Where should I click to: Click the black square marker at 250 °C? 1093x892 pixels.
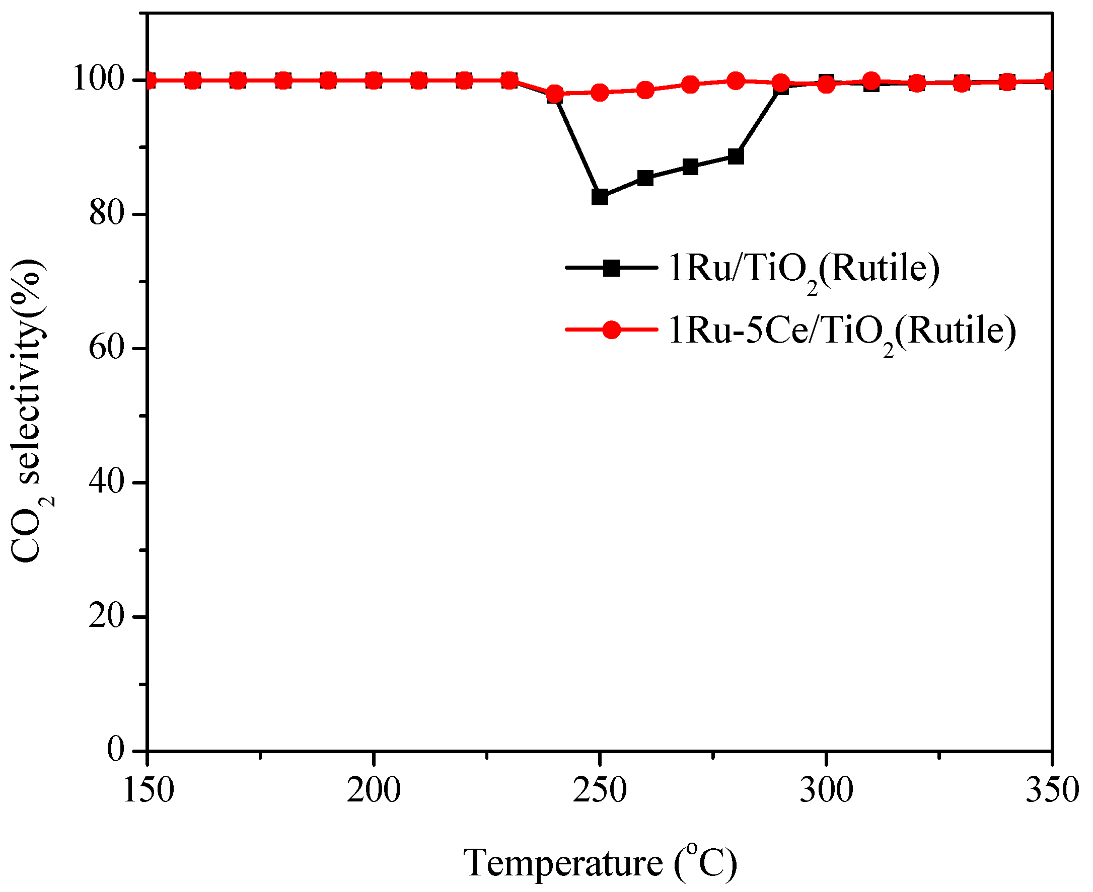(600, 197)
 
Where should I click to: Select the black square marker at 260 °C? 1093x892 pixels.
(645, 178)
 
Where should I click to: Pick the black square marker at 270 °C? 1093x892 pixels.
(690, 167)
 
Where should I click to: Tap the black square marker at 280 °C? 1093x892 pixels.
(736, 156)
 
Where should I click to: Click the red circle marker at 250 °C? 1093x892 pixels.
(600, 93)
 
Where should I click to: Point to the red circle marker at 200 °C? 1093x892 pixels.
(374, 80)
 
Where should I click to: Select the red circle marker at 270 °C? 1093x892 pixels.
(690, 84)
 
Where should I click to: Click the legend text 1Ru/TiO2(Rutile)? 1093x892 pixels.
(804, 269)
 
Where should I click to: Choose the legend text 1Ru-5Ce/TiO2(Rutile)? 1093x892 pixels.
(842, 332)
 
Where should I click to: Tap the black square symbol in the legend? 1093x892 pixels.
(611, 268)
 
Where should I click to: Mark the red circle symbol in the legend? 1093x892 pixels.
(611, 330)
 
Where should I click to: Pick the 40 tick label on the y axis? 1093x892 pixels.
(107, 482)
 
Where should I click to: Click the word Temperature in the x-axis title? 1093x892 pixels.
(563, 863)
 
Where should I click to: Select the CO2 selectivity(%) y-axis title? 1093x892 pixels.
(28, 411)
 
